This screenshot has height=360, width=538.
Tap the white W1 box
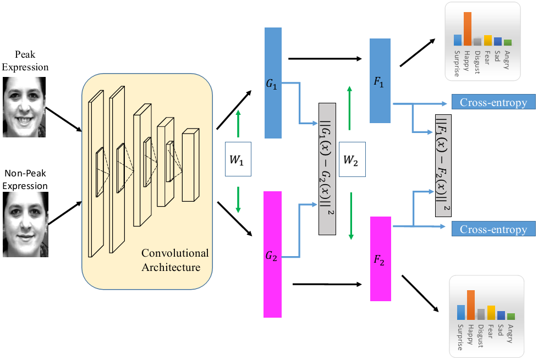[x=238, y=159]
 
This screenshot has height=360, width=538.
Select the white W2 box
[x=352, y=159]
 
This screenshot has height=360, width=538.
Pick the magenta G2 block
[x=273, y=254]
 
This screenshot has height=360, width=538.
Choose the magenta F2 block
[x=381, y=259]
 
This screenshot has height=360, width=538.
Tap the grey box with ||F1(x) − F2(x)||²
[x=443, y=165]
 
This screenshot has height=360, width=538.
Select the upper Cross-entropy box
[x=493, y=102]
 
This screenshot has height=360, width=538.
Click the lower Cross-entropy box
[x=493, y=229]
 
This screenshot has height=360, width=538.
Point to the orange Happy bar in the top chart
[x=468, y=29]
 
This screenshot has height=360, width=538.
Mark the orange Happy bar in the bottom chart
[x=471, y=304]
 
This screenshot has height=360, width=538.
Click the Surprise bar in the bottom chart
[x=461, y=312]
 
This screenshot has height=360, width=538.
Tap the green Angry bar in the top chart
[x=508, y=42]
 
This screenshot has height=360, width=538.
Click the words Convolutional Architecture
[x=175, y=261]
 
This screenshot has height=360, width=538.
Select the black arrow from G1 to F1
[x=325, y=59]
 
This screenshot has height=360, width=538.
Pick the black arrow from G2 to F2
[x=327, y=285]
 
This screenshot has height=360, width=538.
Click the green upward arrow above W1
[x=238, y=123]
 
